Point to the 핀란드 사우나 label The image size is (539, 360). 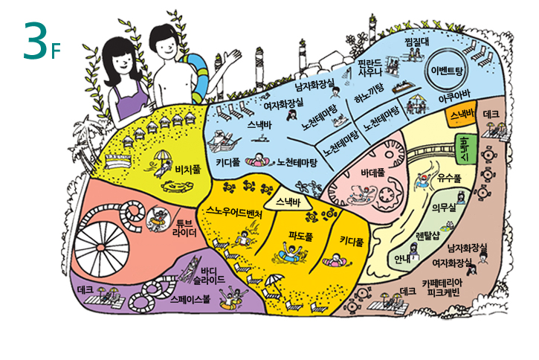(x=369, y=67)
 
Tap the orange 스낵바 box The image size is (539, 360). (x=463, y=115)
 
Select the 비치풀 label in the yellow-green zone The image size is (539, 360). (x=187, y=170)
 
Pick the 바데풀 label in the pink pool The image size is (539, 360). (x=372, y=173)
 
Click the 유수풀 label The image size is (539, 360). (x=450, y=179)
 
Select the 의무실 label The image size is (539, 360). (x=443, y=207)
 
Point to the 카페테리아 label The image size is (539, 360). (x=442, y=283)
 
